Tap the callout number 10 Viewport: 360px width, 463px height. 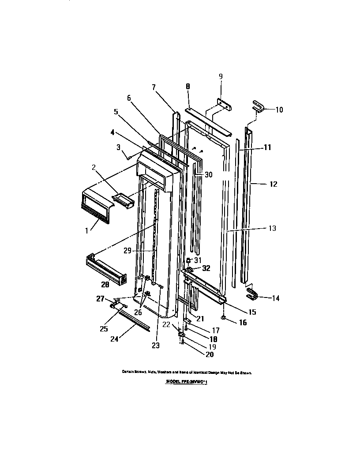point(279,109)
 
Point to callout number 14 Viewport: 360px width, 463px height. point(275,298)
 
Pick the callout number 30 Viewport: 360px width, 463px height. point(208,174)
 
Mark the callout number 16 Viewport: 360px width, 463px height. point(242,323)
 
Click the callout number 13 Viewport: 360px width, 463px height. point(272,228)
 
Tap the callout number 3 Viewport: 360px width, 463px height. point(118,147)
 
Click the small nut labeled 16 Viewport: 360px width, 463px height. point(224,317)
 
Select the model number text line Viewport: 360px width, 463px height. point(186,381)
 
